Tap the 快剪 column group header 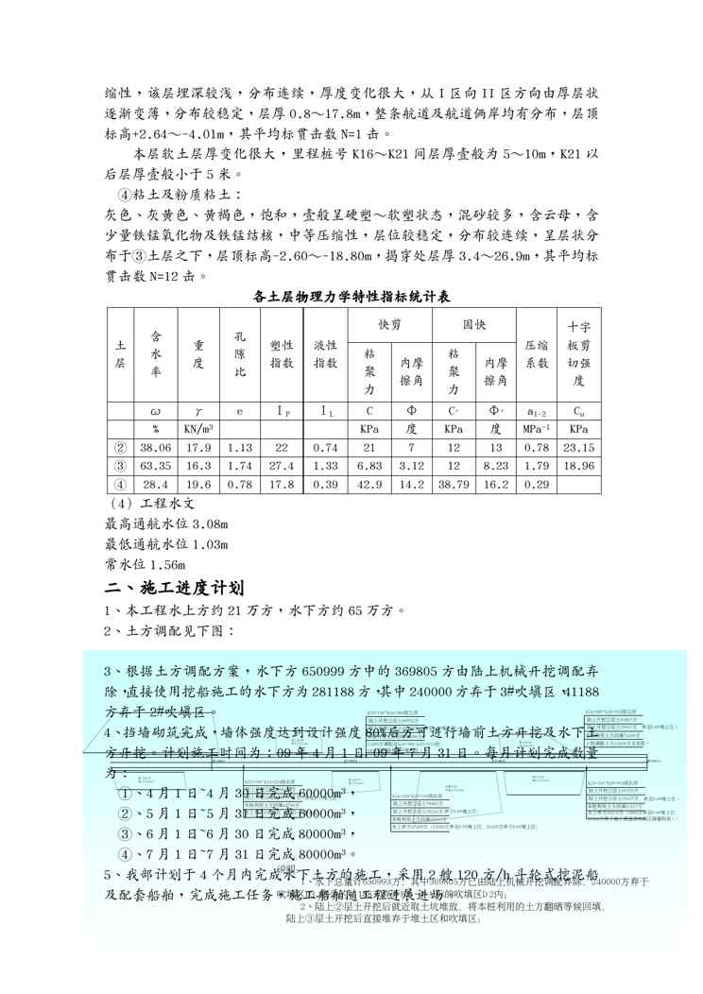coord(389,324)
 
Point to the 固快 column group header coord(472,324)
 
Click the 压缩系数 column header coord(537,361)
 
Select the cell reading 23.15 coord(579,448)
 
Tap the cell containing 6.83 coord(369,466)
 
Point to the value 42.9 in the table coord(369,485)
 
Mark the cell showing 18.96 coord(579,466)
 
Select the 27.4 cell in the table coord(282,466)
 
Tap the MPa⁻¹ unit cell coord(537,429)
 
